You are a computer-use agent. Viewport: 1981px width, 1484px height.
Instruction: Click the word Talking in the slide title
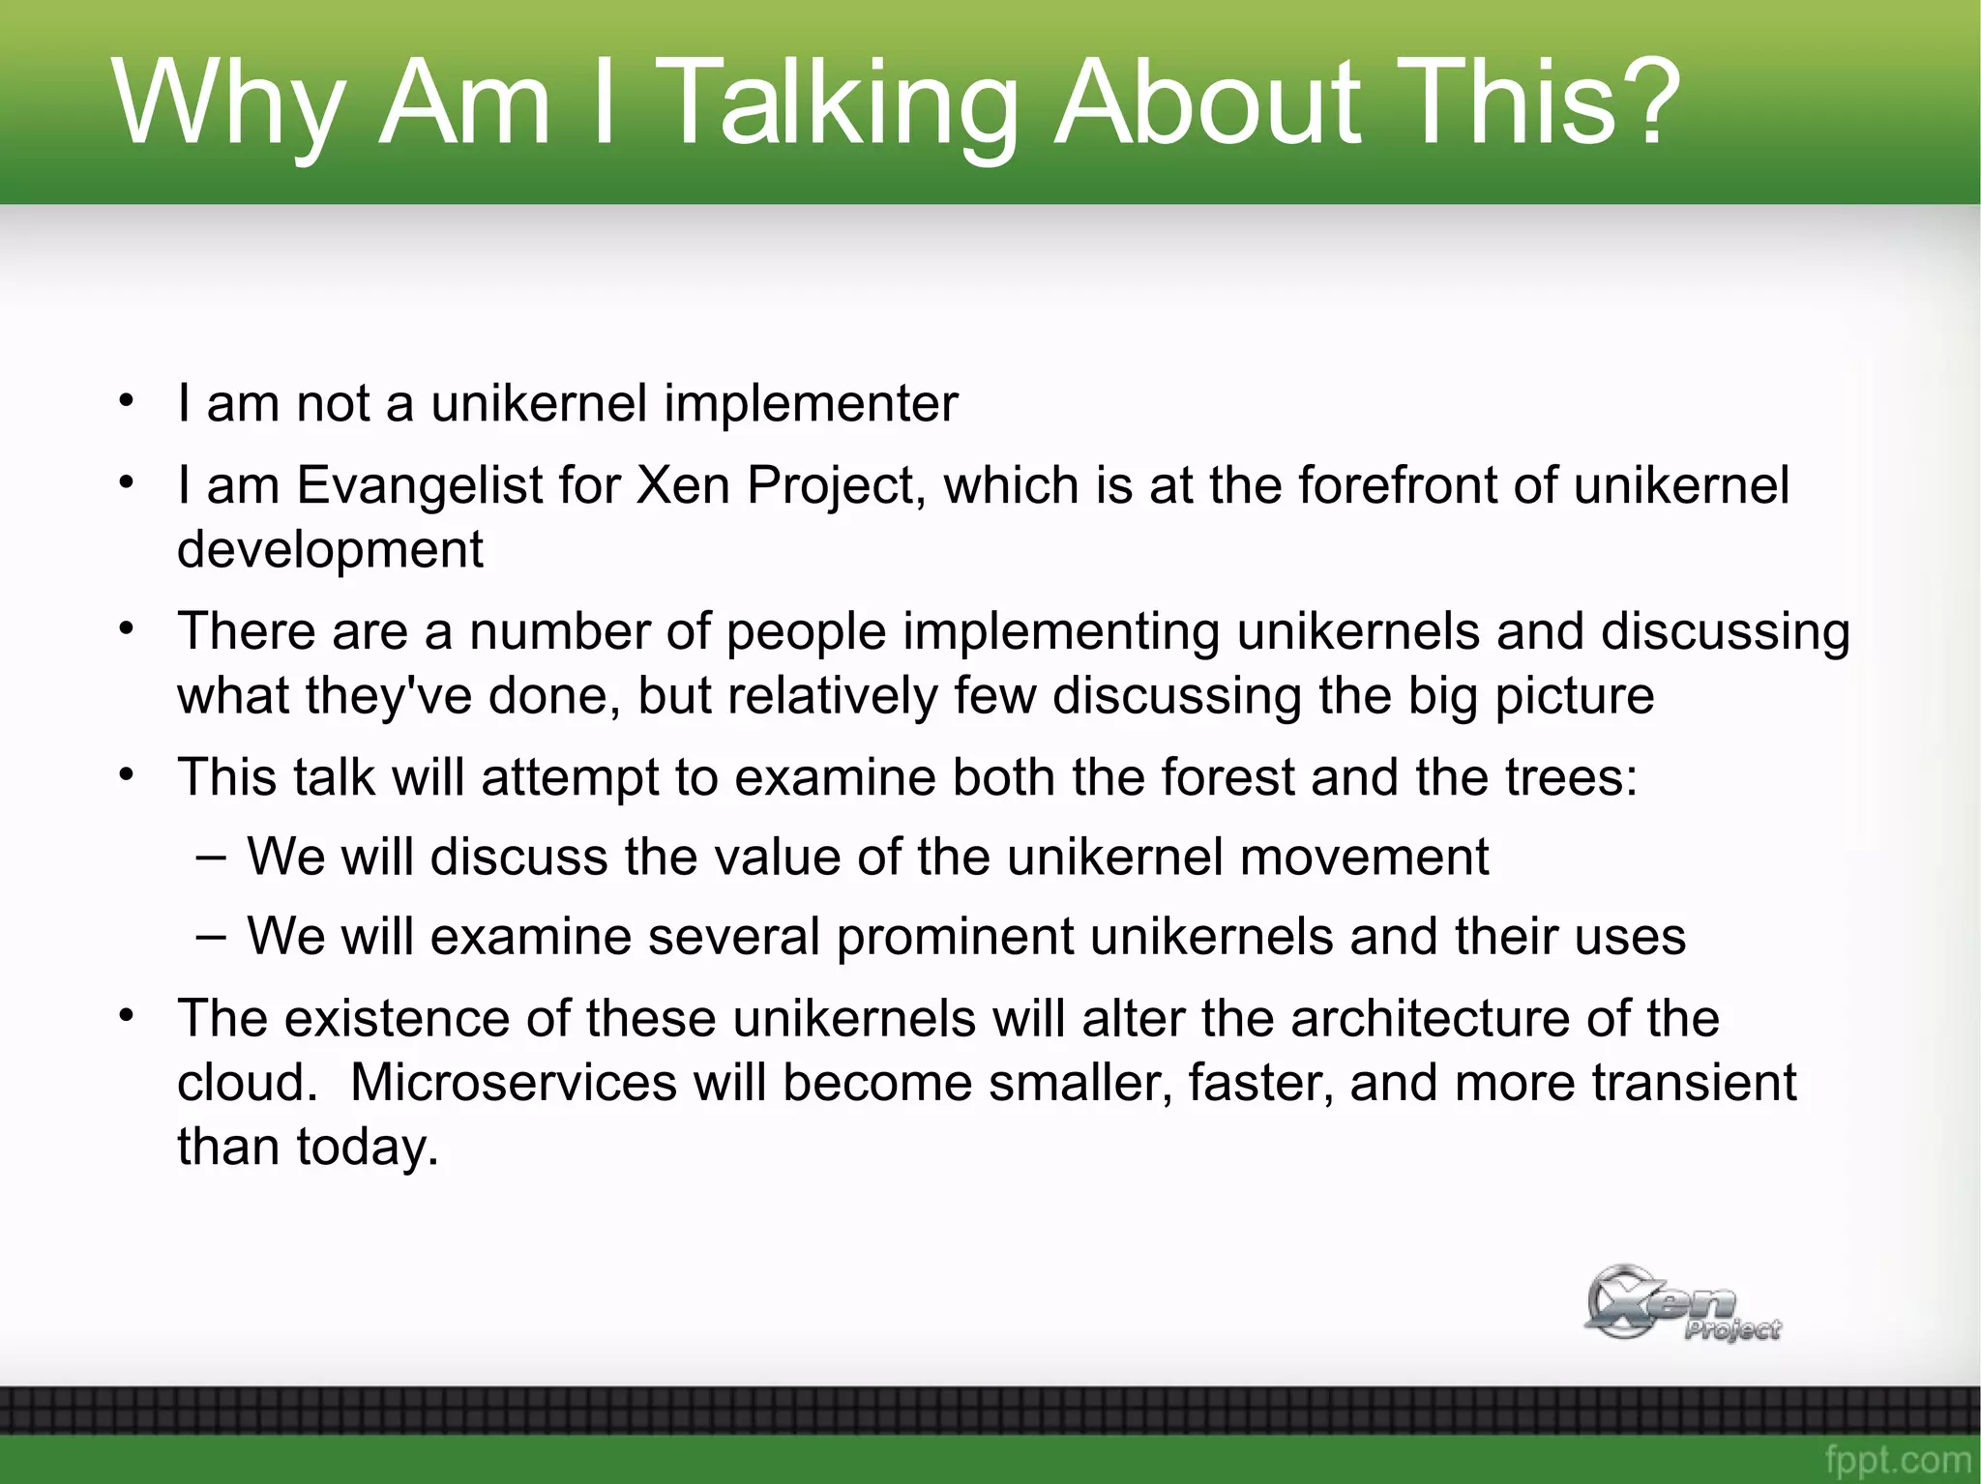point(842,104)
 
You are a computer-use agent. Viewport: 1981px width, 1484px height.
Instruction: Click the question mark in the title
point(1637,101)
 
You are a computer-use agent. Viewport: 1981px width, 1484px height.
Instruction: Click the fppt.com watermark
point(1897,1459)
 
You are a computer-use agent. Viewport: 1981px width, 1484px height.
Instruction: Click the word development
point(330,550)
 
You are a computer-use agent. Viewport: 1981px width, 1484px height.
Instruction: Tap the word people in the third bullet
point(806,631)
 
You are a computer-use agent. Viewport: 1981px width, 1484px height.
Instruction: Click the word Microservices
point(513,1083)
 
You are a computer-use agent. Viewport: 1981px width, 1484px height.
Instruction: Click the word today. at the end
point(368,1148)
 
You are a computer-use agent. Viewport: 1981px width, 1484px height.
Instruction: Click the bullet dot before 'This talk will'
point(126,774)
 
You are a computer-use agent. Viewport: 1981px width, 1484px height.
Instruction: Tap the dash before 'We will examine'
point(211,936)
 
